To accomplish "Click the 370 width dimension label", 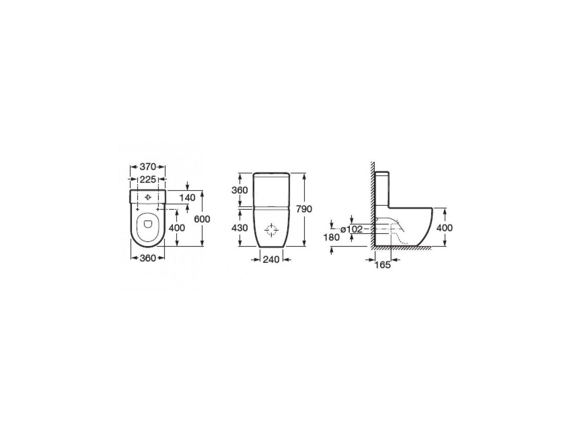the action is coord(148,167).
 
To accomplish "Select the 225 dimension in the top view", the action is coord(148,180).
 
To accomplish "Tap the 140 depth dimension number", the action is coord(187,198).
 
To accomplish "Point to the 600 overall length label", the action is coord(202,219).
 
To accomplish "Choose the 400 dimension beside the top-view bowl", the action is coord(177,228).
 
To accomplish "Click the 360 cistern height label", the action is coord(239,190).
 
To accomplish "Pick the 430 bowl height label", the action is coord(239,228).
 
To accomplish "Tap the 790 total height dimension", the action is coord(304,209).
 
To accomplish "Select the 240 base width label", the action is coord(271,259).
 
